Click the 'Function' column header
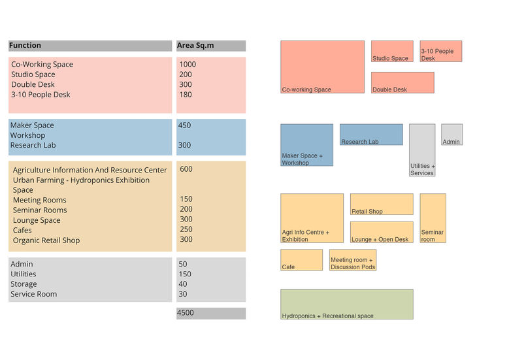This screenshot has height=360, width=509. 25,46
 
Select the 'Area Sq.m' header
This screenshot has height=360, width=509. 195,46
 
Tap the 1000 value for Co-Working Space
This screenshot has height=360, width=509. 188,65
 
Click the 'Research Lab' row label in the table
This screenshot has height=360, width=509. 32,145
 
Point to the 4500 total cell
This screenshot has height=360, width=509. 186,313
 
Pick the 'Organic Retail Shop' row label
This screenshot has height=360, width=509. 46,240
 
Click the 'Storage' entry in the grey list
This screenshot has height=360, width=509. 24,284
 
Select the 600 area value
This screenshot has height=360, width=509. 186,169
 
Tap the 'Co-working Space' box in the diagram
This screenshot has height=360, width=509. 322,67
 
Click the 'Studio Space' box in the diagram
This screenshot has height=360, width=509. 392,52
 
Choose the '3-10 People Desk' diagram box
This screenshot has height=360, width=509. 440,52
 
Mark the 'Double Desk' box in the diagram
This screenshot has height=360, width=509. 402,82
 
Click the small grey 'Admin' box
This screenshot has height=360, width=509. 452,135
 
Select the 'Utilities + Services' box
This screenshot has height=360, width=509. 422,150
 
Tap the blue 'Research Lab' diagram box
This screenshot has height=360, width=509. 371,135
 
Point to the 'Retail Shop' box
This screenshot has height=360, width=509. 382,204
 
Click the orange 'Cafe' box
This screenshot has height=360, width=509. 301,260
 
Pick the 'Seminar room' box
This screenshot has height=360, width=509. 433,218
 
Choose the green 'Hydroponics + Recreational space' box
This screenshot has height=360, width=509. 346,304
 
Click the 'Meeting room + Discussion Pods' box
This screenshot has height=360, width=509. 353,260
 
